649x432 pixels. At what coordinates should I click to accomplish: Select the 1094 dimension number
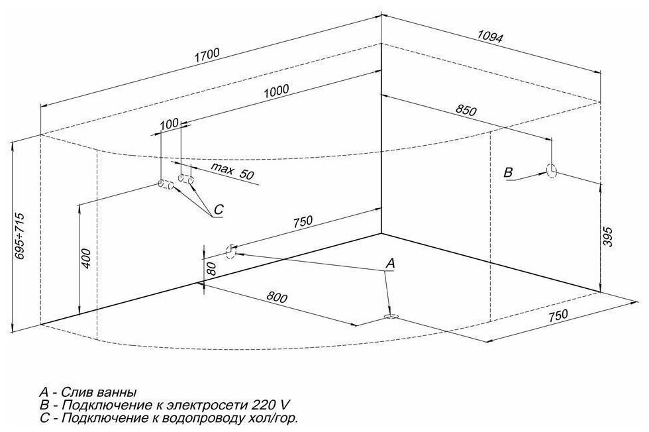[x=490, y=37]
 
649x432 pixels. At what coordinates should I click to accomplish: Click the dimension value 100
[x=170, y=124]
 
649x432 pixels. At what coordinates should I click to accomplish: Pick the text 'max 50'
[x=232, y=171]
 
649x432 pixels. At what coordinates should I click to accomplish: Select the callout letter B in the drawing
[x=508, y=172]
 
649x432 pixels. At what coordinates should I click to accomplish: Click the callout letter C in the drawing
[x=219, y=211]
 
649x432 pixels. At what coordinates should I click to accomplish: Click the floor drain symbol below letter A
[x=391, y=317]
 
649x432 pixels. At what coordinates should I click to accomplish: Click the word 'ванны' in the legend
[x=121, y=392]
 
